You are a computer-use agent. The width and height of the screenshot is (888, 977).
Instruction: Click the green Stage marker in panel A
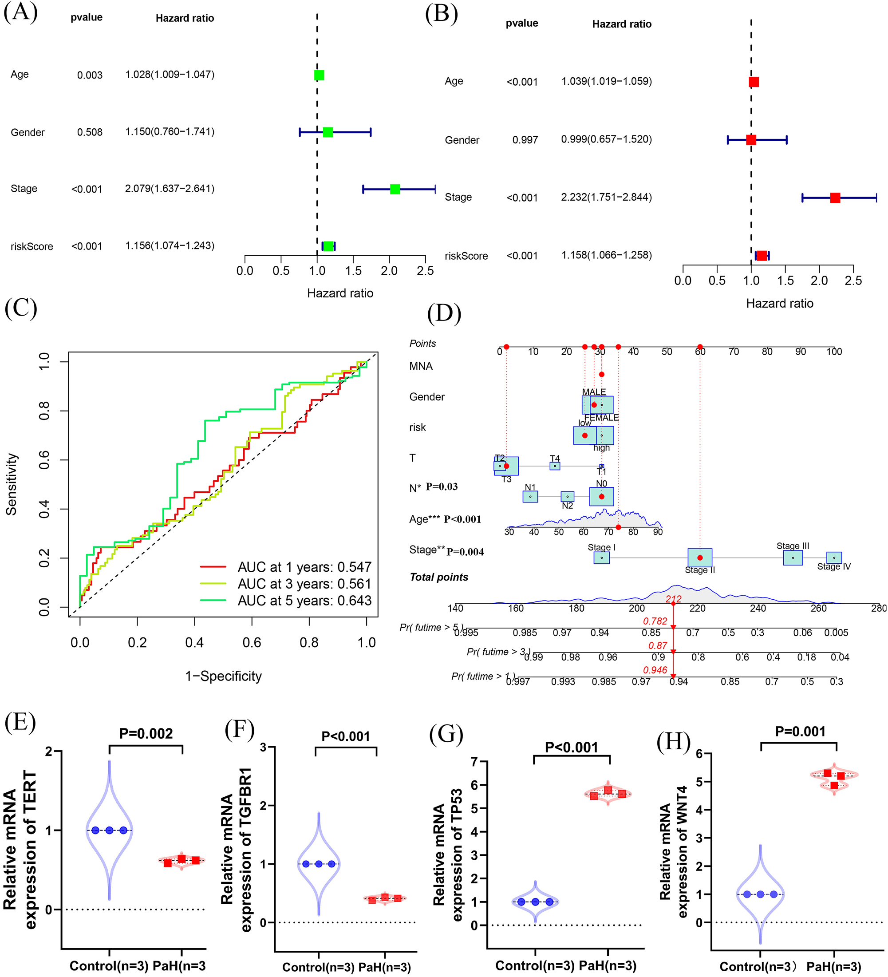coord(395,189)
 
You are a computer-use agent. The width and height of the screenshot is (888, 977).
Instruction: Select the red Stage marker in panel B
coord(835,198)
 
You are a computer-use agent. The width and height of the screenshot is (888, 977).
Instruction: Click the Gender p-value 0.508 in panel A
coord(90,132)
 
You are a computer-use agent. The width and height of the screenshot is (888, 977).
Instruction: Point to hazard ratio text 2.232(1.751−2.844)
coord(606,197)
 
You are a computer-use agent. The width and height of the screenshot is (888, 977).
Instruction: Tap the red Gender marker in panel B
coord(751,140)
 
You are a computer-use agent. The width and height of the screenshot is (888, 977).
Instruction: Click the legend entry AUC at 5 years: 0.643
coord(304,601)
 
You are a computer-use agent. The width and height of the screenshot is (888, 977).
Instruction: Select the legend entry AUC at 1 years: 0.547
coord(304,566)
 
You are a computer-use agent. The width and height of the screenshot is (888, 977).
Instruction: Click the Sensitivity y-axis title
coord(12,484)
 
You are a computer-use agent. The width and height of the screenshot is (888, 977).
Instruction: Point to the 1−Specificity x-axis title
coord(223,676)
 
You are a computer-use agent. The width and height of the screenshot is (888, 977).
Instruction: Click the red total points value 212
coord(673,599)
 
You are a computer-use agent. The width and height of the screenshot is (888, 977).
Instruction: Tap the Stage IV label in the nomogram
coord(834,566)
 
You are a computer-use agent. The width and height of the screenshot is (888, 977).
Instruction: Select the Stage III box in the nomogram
coord(793,558)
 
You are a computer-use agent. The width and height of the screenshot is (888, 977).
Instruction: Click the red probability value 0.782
coord(655,621)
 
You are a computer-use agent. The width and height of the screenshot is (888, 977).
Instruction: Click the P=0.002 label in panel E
coord(146,733)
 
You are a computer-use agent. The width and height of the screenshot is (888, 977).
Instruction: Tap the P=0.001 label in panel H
coord(800,731)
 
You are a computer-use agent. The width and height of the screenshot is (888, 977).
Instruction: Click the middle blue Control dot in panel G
coord(535,902)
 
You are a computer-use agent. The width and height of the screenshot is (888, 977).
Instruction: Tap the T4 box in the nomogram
coord(555,466)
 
